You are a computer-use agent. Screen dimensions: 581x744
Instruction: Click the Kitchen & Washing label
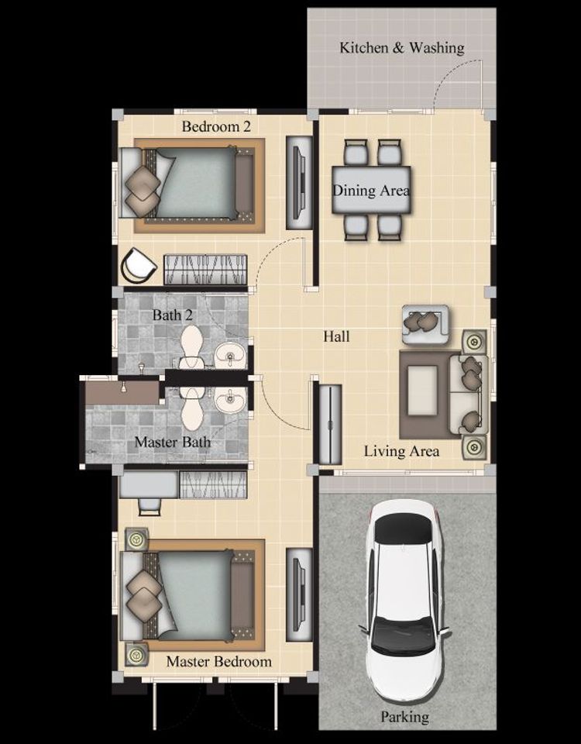click(402, 48)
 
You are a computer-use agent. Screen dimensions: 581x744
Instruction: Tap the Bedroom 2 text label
click(216, 126)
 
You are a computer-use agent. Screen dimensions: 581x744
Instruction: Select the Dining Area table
click(371, 190)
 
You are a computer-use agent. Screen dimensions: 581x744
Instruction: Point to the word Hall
click(336, 336)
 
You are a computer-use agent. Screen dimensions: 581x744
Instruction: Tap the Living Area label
click(401, 451)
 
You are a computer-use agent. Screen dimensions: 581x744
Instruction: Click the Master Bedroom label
click(218, 661)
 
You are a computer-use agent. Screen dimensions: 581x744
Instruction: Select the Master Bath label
click(172, 443)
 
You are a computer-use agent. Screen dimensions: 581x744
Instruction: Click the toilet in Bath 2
click(191, 346)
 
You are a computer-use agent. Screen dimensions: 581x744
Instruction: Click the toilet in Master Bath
click(191, 408)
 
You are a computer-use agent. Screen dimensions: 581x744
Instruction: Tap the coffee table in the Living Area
click(422, 391)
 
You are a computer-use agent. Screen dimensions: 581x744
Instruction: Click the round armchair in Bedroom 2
click(138, 267)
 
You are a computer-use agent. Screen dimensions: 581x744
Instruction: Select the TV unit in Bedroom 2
click(299, 183)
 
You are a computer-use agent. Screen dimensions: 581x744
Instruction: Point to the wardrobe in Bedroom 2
click(205, 270)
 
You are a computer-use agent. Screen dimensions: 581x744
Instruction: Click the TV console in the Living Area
click(330, 424)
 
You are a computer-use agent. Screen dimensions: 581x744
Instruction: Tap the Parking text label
click(404, 716)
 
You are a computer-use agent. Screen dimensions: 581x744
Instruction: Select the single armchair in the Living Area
click(425, 324)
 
